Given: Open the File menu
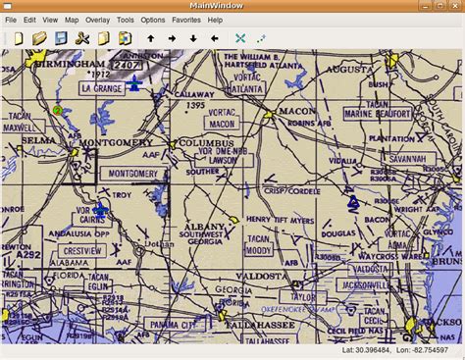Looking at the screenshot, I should (11, 20).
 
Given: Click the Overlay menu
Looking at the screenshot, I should (97, 20).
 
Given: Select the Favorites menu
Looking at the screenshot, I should (185, 20).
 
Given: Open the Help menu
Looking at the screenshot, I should (215, 20).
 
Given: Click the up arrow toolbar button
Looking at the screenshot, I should (150, 38).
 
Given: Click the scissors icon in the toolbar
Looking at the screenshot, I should (81, 38).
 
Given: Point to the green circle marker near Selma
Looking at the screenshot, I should (58, 110).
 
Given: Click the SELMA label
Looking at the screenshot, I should (23, 140).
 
